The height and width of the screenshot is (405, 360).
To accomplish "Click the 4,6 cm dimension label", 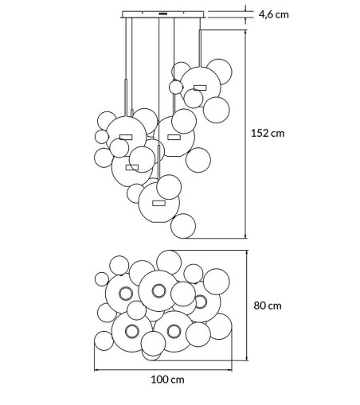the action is (273, 14).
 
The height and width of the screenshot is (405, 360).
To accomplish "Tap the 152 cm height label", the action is (268, 133).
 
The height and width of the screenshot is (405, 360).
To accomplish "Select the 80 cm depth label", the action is (268, 306).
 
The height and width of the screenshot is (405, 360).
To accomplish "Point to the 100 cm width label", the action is (167, 380).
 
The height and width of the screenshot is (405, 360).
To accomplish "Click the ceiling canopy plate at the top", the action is (163, 14).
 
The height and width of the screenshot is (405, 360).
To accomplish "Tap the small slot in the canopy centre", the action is (162, 14).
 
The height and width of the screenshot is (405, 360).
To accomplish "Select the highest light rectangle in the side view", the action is (200, 88).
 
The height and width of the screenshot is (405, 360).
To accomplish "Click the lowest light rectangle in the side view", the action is (158, 203).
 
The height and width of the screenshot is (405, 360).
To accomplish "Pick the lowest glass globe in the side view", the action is (183, 226).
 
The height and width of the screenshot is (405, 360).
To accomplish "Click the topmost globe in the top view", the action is (169, 263).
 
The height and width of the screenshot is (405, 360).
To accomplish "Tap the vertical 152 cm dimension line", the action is (246, 134).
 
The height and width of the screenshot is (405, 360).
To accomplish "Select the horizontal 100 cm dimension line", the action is (163, 370).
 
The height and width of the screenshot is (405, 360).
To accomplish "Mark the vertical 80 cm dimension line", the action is (247, 306).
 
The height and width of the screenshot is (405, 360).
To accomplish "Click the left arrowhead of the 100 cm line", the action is (96, 370).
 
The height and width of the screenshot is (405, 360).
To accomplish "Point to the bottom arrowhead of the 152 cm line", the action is (246, 236).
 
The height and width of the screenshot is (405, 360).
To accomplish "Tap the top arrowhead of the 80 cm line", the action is (247, 253).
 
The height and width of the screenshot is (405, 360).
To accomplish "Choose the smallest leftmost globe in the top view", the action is (102, 279).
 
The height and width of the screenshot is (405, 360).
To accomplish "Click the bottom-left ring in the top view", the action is (131, 331).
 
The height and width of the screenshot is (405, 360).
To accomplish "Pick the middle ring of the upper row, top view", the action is (158, 290).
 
